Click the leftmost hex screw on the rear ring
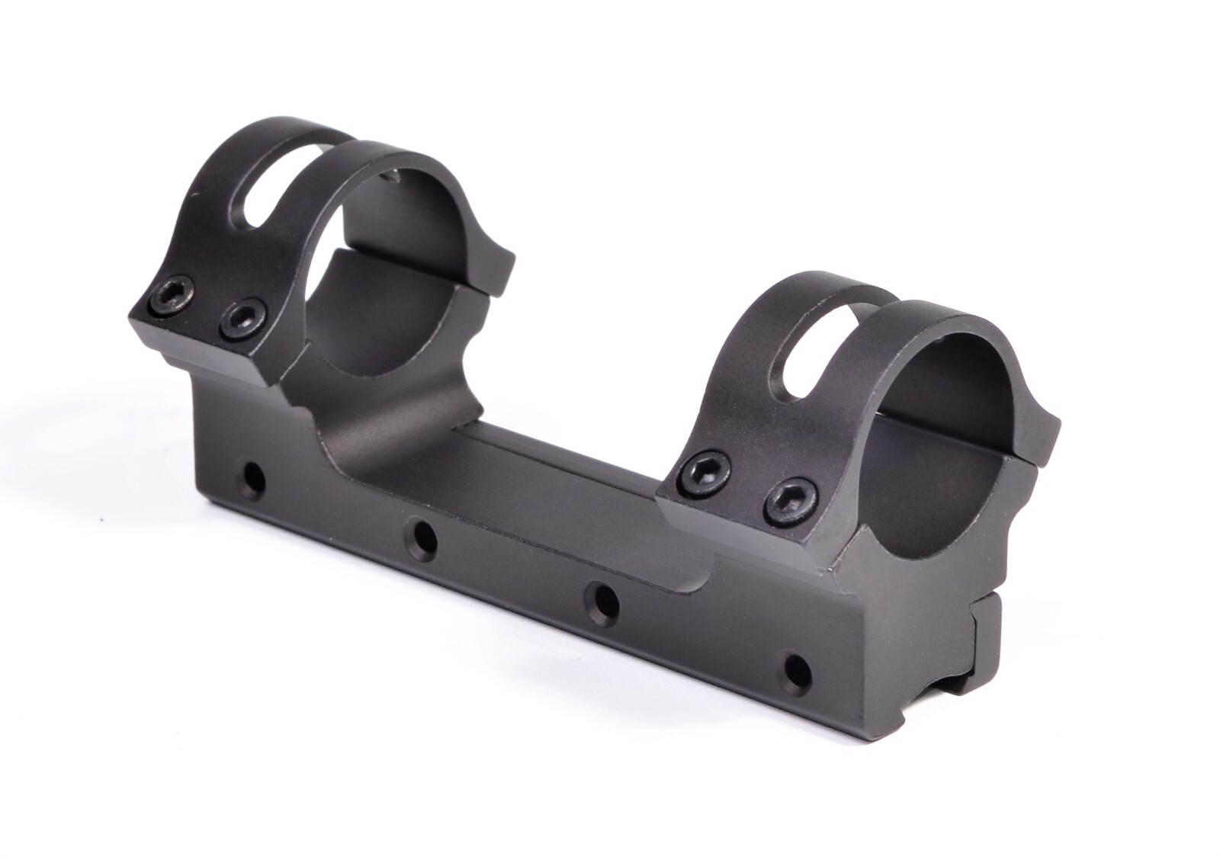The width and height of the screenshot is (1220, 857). click(173, 295)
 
